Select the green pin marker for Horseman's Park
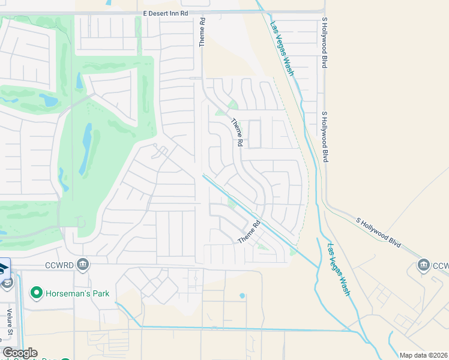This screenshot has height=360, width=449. click(x=37, y=293)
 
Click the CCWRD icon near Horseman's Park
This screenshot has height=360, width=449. click(x=83, y=265)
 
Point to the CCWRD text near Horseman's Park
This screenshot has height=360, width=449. click(x=59, y=265)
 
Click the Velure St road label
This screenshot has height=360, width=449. click(x=10, y=322)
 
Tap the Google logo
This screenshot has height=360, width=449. click(x=20, y=353)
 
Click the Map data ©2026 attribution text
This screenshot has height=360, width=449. click(x=423, y=355)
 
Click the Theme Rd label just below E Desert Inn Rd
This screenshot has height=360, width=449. click(x=203, y=32)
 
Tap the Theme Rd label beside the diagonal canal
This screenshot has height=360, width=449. click(x=251, y=232)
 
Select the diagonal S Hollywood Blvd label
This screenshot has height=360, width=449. click(x=378, y=232)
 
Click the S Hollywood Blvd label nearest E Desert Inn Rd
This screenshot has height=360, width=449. click(x=325, y=42)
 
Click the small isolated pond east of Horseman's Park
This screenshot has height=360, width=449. click(x=242, y=296)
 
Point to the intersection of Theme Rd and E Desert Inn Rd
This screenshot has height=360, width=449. click(x=202, y=13)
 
